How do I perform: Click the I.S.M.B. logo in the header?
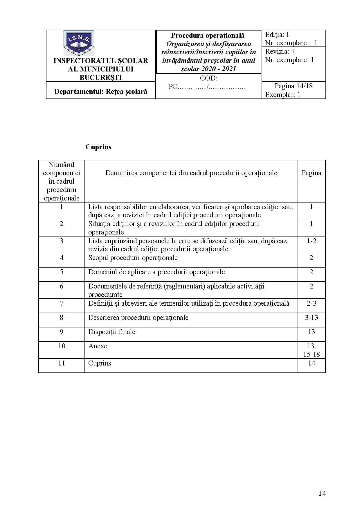pos(79,43)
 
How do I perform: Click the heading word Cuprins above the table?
pos(98,147)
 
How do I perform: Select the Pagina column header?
pos(311,173)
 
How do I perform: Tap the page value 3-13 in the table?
pos(311,317)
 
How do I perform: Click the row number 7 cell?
pos(62,303)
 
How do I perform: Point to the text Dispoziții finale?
pos(112,332)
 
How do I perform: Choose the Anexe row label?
pos(98,346)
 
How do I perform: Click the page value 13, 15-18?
pos(311,350)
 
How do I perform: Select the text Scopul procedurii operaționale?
pos(133,258)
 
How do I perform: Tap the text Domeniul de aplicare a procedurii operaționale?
pos(156,272)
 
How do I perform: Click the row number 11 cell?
pos(62,363)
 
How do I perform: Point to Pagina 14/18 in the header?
pos(294,86)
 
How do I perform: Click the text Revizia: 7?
pos(280,52)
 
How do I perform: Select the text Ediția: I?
pos(277,35)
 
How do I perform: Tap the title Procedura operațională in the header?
pos(208,35)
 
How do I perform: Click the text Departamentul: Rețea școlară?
pos(101,92)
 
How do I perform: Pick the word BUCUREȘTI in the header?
pos(101,77)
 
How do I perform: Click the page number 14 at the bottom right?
pos(322,493)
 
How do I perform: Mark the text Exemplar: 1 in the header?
pos(283,95)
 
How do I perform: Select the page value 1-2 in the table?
pos(311,241)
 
